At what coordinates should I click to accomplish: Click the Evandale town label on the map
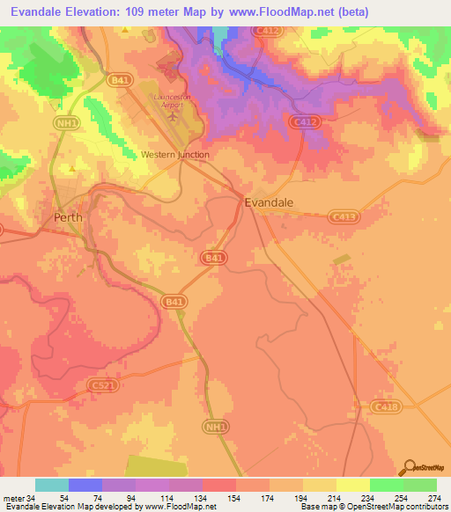click(269, 201)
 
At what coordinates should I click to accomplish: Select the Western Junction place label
click(175, 155)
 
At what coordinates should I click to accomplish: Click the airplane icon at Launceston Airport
click(173, 113)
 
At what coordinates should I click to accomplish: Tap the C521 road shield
click(100, 385)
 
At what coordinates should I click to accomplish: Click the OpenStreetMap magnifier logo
click(410, 467)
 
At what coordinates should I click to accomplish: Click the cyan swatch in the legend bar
click(52, 485)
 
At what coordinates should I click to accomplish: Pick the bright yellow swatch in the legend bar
click(352, 485)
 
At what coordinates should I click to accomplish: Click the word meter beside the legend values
click(13, 498)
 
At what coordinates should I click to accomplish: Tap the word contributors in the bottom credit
click(426, 507)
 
